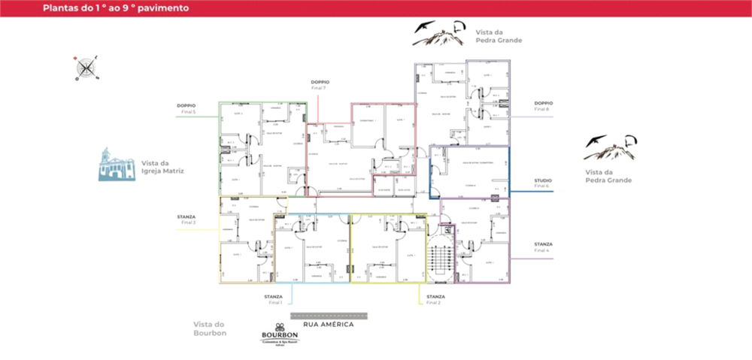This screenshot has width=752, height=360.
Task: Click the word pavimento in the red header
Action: (x=162, y=8)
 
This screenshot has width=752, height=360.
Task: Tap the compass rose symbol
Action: (x=86, y=68)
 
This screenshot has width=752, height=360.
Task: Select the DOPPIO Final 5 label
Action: (x=186, y=108)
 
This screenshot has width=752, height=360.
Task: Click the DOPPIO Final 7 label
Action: (x=320, y=85)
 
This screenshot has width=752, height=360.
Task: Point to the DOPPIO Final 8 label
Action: (x=543, y=106)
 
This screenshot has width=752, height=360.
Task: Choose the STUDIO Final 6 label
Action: (x=543, y=183)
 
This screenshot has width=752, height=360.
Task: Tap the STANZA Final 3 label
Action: (x=186, y=219)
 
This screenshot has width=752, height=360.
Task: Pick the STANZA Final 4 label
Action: (x=543, y=247)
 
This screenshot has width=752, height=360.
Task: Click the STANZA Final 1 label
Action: (x=273, y=299)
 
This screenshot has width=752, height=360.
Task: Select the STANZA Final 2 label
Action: (x=435, y=299)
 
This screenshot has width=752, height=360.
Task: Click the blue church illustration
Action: (x=117, y=165)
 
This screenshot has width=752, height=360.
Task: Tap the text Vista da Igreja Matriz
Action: (x=162, y=167)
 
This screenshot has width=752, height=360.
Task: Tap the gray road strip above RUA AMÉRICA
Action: (x=329, y=315)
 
